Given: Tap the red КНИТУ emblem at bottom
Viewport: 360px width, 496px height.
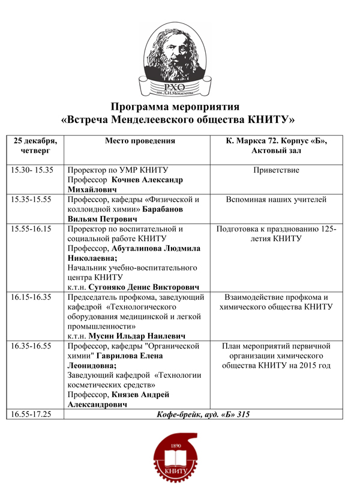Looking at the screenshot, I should (180, 458).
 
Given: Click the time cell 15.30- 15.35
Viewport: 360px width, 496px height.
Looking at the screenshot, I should (32, 170).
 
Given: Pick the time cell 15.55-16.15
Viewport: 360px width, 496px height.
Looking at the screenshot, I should (34, 229).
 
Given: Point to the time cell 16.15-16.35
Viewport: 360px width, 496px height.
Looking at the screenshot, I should (34, 296).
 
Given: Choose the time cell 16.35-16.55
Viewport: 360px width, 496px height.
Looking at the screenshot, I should (34, 346).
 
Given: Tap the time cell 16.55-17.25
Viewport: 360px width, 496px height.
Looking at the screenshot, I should (34, 414).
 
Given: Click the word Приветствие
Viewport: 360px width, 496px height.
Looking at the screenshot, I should (277, 170).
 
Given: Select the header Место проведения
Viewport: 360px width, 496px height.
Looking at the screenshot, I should (140, 141).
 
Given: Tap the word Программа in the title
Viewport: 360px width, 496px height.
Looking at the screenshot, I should (144, 107).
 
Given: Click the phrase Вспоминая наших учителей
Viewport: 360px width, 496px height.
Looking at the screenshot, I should (277, 200).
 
